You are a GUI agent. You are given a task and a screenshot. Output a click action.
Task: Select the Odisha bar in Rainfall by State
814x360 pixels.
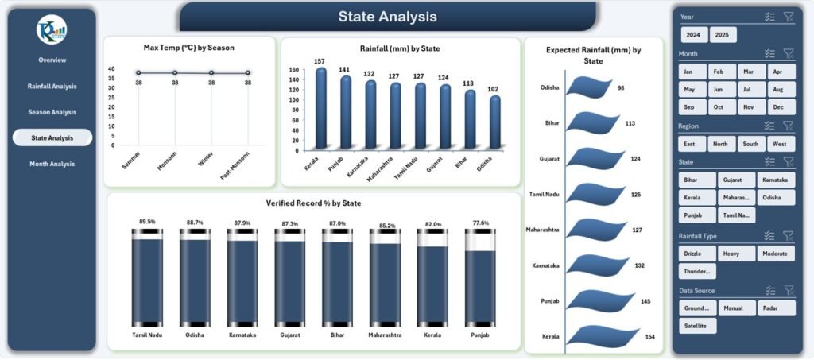[x=494, y=122]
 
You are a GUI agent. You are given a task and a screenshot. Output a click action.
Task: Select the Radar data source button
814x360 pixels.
[x=775, y=308]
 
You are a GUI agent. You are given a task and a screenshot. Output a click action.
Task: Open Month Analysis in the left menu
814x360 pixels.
[x=52, y=164]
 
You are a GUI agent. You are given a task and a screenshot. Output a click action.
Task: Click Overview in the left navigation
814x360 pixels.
[x=52, y=60]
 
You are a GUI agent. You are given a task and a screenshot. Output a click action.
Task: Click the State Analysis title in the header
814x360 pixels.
[x=387, y=17]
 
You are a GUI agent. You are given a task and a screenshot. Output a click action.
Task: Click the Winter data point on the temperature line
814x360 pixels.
[x=211, y=72]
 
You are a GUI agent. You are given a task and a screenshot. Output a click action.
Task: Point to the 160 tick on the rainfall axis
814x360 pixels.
[x=293, y=70]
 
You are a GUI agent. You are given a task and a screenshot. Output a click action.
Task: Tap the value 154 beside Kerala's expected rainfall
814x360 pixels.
[x=649, y=337]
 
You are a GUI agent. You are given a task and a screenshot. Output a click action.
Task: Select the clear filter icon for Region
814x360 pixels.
[x=788, y=126]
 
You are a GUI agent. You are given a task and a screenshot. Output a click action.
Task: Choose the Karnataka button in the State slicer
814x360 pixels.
[x=775, y=180]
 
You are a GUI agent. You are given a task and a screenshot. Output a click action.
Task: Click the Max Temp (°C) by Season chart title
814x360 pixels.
[x=188, y=48]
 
